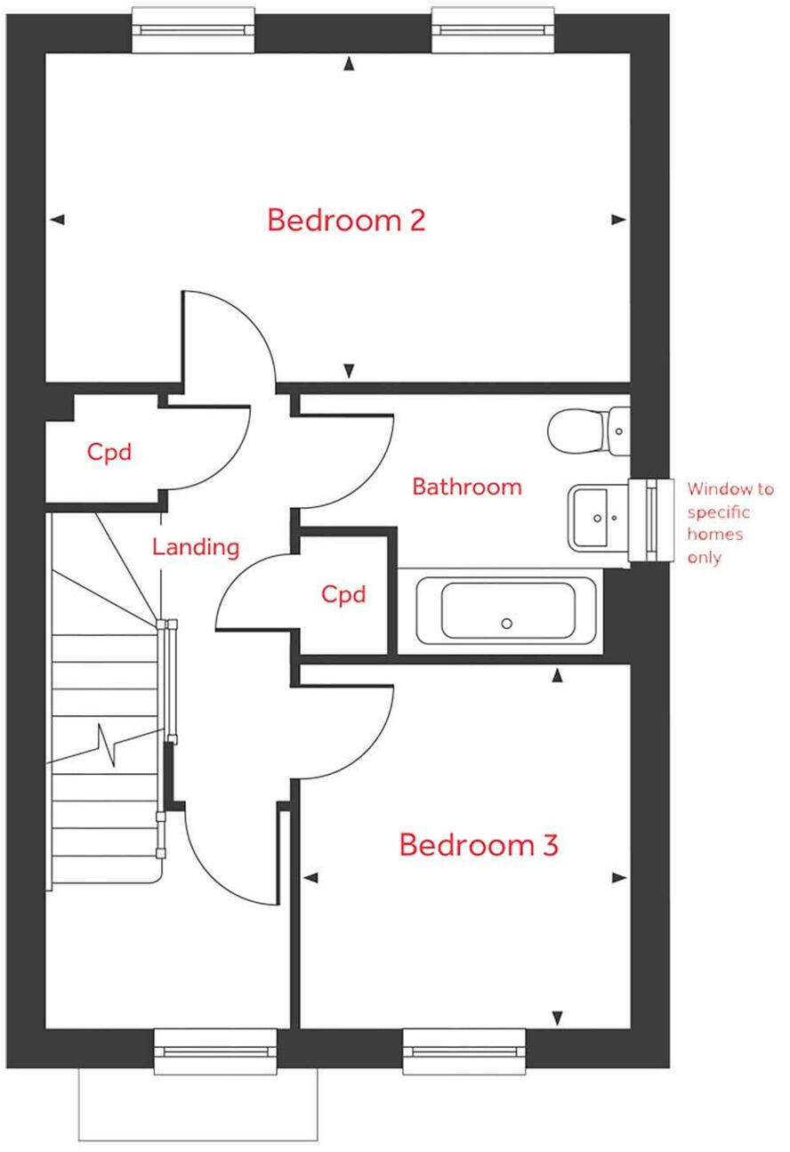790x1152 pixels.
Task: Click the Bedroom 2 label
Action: (x=346, y=220)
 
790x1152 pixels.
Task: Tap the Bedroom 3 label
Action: (x=478, y=844)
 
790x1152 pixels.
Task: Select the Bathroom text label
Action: (x=466, y=487)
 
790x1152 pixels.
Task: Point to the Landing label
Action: (x=196, y=546)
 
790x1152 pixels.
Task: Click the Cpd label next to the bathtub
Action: (x=343, y=594)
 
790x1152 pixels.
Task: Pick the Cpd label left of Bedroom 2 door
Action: (x=109, y=452)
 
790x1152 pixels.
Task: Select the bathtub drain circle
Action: (x=506, y=624)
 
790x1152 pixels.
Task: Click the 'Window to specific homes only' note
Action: (x=730, y=523)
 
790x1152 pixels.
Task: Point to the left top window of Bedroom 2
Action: (x=193, y=29)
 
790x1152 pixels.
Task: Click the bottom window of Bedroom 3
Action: (x=464, y=1051)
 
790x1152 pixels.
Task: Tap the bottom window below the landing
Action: (x=215, y=1051)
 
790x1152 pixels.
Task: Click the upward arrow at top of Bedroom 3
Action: (x=558, y=677)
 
